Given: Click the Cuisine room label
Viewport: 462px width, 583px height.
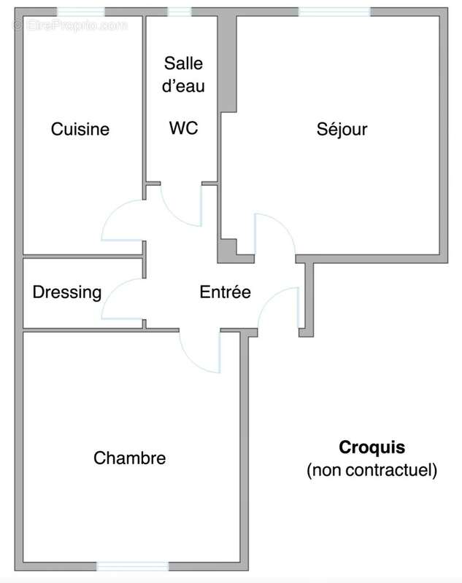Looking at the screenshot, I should [80, 129].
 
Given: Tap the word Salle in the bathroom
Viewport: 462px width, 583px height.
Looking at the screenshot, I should [182, 63].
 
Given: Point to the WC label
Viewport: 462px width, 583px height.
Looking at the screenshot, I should [183, 128].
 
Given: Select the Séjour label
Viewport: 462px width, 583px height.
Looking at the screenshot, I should [342, 130].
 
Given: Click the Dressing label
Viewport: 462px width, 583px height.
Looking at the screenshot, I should [66, 292].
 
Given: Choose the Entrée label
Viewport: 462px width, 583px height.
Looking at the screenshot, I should [225, 292].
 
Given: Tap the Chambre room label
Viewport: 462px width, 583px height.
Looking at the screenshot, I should [129, 458].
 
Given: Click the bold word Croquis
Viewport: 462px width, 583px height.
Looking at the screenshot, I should [371, 447].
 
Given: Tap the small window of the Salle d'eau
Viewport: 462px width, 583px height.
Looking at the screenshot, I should [180, 12].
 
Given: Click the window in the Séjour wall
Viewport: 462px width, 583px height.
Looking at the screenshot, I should [334, 12].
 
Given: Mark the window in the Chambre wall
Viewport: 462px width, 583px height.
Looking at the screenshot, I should [133, 566].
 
